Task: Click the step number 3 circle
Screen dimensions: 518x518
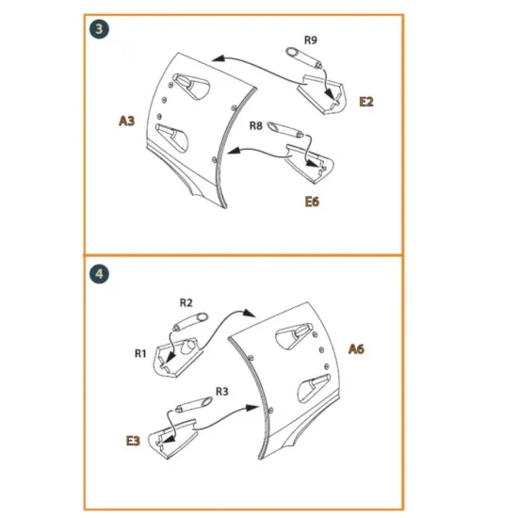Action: click(x=99, y=29)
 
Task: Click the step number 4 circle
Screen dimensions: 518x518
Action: click(x=99, y=274)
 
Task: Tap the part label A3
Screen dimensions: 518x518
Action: click(x=127, y=121)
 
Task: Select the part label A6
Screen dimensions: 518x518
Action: click(x=356, y=348)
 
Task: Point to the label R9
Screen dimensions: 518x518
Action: click(x=311, y=40)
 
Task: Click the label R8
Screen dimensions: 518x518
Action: click(x=255, y=125)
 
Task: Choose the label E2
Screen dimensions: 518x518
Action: click(x=366, y=102)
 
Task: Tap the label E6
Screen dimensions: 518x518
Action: click(x=312, y=202)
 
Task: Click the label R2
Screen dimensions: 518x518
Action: click(x=186, y=302)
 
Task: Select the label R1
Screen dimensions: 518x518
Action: click(x=140, y=353)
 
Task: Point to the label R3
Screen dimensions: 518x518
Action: click(x=222, y=392)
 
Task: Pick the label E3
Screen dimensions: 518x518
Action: click(x=133, y=441)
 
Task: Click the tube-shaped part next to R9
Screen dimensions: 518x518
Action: click(x=304, y=57)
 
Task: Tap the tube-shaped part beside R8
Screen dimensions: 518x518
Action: click(x=285, y=130)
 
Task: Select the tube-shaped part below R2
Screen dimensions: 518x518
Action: click(x=190, y=322)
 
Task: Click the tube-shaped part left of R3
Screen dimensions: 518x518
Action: click(x=194, y=404)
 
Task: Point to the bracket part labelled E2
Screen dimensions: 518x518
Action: click(x=322, y=95)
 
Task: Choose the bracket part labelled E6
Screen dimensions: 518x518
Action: click(x=310, y=164)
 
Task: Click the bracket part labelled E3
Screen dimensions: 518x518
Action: click(x=172, y=439)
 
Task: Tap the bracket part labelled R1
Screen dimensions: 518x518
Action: click(x=178, y=358)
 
